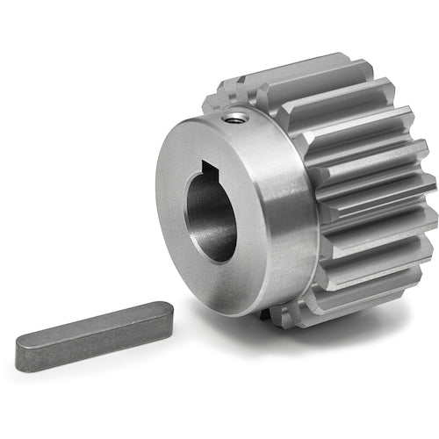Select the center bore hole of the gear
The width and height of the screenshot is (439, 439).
[211, 215]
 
